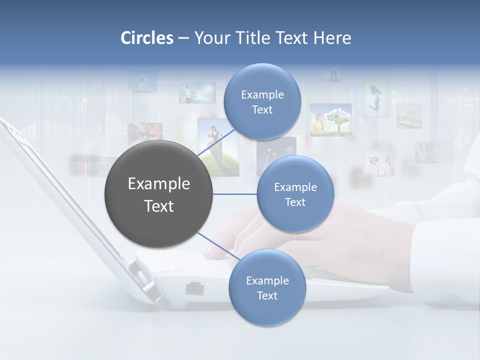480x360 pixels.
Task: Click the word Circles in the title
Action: [147, 38]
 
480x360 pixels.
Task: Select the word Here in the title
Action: [332, 38]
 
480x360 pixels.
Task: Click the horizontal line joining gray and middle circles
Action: [235, 194]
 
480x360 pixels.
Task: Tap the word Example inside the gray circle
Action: [159, 184]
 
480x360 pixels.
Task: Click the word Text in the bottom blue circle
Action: [267, 295]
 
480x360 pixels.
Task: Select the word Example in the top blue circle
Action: [262, 94]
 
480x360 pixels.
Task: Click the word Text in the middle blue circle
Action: [295, 202]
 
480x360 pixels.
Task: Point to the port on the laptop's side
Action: [193, 288]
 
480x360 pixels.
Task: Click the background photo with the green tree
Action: [330, 120]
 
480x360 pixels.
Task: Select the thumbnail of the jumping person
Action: [376, 98]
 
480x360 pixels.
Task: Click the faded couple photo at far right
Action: [428, 152]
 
